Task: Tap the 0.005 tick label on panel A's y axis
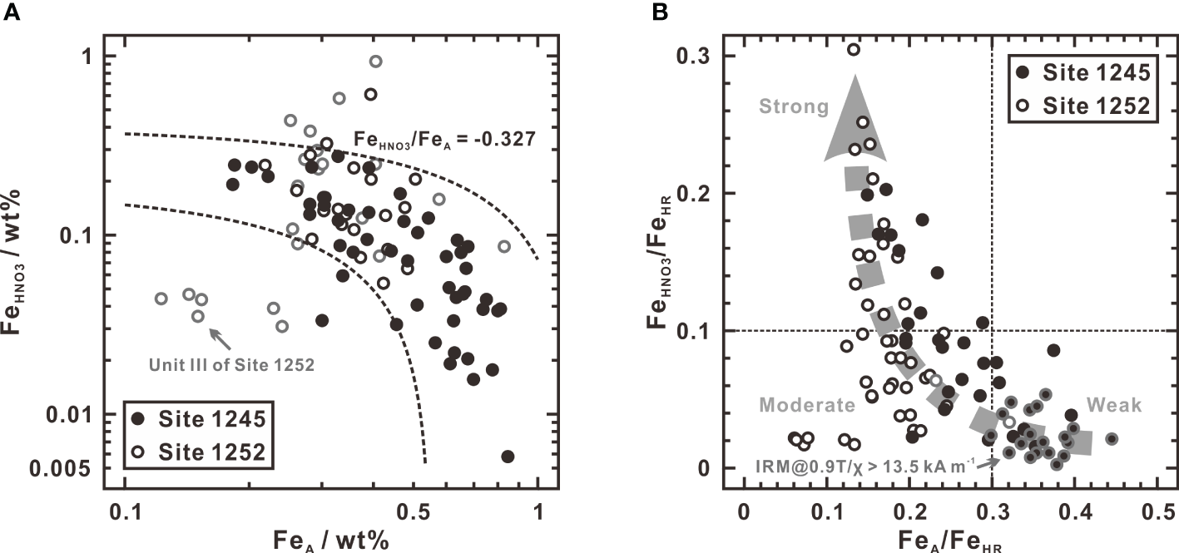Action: [x=84, y=468]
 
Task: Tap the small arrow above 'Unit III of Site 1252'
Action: [x=220, y=338]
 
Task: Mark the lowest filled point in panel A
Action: [x=508, y=457]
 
